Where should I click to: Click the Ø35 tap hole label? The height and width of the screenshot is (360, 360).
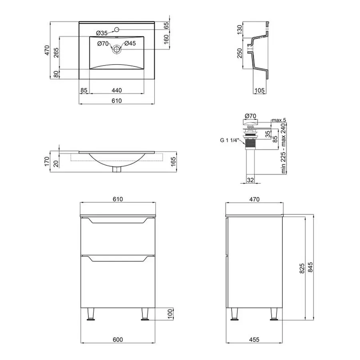[x=102, y=33]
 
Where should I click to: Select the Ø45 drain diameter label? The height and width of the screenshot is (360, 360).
[x=130, y=43]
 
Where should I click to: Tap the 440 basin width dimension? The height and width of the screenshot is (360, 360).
[x=117, y=90]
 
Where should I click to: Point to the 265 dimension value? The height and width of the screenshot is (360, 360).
[x=56, y=52]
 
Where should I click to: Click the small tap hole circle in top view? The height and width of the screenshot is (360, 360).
[x=117, y=29]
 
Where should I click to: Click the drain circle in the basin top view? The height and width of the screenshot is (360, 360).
[x=117, y=49]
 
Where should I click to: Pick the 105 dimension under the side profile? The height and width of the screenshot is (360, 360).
[x=260, y=90]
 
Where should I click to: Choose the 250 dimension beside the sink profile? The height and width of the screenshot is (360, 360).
[x=240, y=53]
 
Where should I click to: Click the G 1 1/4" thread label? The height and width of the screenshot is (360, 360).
[x=230, y=140]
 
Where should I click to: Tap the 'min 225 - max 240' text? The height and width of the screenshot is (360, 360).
[x=284, y=148]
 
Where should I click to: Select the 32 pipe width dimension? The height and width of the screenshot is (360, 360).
[x=250, y=180]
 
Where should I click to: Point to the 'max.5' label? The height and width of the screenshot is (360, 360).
[x=279, y=120]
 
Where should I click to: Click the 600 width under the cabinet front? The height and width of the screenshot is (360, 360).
[x=118, y=340]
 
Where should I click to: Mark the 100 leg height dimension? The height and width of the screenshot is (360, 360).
[x=170, y=314]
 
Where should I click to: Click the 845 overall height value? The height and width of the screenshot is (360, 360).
[x=310, y=267]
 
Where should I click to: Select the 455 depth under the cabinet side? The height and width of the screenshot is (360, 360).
[x=254, y=340]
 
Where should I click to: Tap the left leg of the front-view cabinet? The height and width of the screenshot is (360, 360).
[x=91, y=314]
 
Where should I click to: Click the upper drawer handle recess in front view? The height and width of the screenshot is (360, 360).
[x=118, y=221]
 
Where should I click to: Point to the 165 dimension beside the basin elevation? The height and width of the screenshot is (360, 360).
[x=173, y=162]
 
